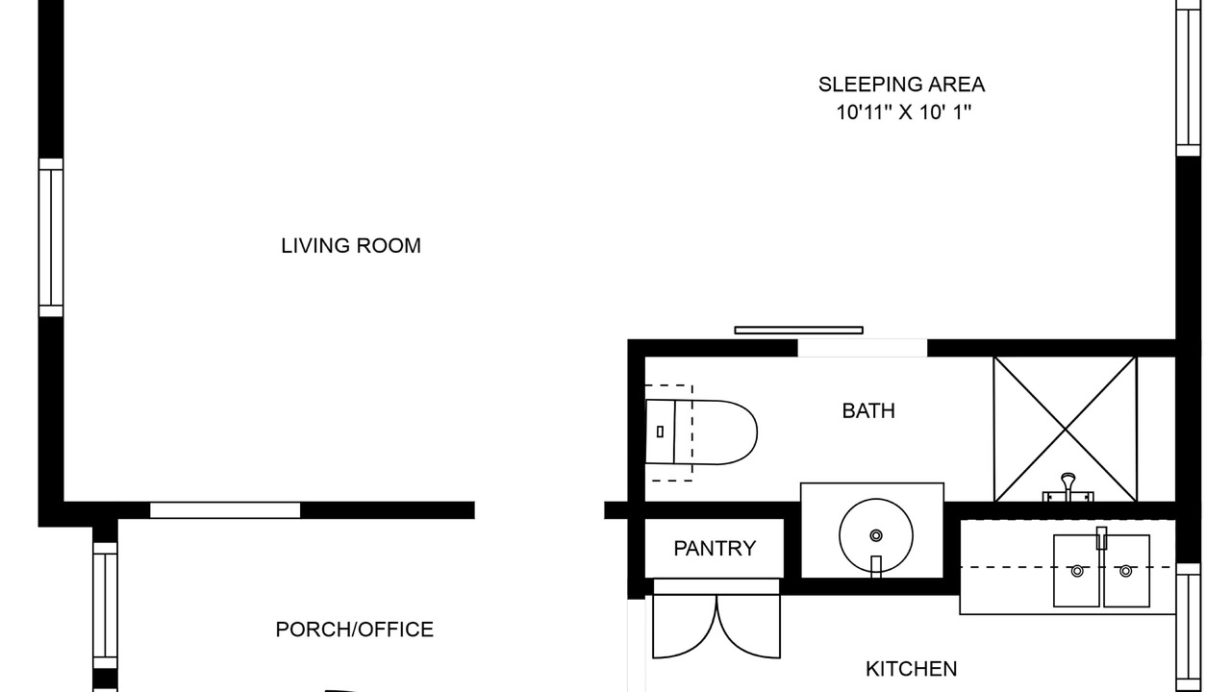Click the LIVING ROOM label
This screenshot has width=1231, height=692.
351,245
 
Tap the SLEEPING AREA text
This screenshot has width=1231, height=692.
901,85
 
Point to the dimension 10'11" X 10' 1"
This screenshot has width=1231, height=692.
903,112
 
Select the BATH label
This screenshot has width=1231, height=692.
868,410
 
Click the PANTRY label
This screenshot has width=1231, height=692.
715,548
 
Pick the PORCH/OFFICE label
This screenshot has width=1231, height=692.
355,630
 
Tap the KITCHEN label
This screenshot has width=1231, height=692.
911,669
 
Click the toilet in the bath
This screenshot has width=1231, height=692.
701,432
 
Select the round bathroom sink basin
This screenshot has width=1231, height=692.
876,535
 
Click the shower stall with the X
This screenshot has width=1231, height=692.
1065,429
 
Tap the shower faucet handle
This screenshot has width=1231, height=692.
1068,486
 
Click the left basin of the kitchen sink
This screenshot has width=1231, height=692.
1076,571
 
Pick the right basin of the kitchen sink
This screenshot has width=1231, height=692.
1126,571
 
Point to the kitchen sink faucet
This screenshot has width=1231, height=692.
1101,538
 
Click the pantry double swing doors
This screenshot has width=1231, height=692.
716,626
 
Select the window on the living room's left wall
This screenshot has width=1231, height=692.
51,237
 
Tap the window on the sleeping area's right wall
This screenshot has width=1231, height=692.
1188,78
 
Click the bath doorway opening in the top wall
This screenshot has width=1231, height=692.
863,348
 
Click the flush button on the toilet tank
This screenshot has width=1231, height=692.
660,432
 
